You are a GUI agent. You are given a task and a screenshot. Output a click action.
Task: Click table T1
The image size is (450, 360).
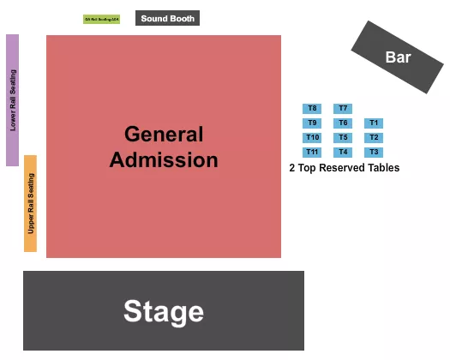[374, 123]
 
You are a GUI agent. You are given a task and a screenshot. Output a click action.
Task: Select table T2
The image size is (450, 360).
[374, 138]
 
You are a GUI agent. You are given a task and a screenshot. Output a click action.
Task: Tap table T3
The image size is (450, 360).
[374, 153]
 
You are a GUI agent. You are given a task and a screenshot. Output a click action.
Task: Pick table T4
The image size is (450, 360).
[343, 153]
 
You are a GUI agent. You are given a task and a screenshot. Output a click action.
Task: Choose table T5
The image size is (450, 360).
[343, 138]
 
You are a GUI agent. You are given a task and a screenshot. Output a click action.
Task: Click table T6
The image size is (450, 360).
[343, 123]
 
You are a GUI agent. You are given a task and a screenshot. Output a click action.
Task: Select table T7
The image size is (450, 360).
[343, 109]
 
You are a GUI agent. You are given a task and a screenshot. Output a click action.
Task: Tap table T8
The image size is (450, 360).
[312, 109]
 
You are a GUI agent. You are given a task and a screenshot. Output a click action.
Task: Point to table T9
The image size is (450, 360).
[312, 123]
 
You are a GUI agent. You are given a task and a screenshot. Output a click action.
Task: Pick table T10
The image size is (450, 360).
[312, 138]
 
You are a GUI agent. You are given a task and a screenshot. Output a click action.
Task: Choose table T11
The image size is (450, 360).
[312, 153]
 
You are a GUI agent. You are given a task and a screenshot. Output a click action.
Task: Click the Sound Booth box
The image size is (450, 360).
[168, 18]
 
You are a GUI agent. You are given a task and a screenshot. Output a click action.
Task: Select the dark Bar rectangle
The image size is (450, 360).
[397, 57]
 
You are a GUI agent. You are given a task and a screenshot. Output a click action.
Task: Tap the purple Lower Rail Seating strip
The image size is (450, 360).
[13, 99]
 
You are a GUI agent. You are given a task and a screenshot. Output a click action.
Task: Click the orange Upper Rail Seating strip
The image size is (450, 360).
[31, 203]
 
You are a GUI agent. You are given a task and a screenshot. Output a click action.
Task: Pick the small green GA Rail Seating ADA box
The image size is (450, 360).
[102, 19]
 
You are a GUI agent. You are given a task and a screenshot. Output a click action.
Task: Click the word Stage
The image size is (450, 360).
[164, 311]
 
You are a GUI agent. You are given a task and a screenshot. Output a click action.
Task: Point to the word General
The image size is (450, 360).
[164, 135]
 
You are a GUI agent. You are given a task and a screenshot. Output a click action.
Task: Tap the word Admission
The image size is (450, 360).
[164, 160]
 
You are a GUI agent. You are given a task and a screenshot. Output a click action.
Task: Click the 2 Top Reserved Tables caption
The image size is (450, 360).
[345, 169]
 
